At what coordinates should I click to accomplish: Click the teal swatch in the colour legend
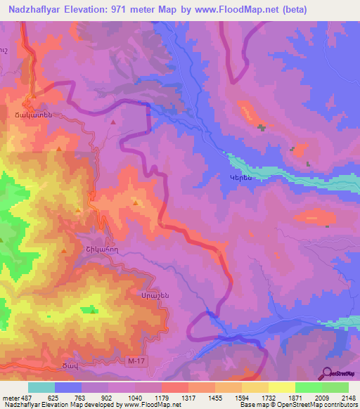tap(41, 387)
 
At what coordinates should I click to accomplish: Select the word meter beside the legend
tap(10, 397)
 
